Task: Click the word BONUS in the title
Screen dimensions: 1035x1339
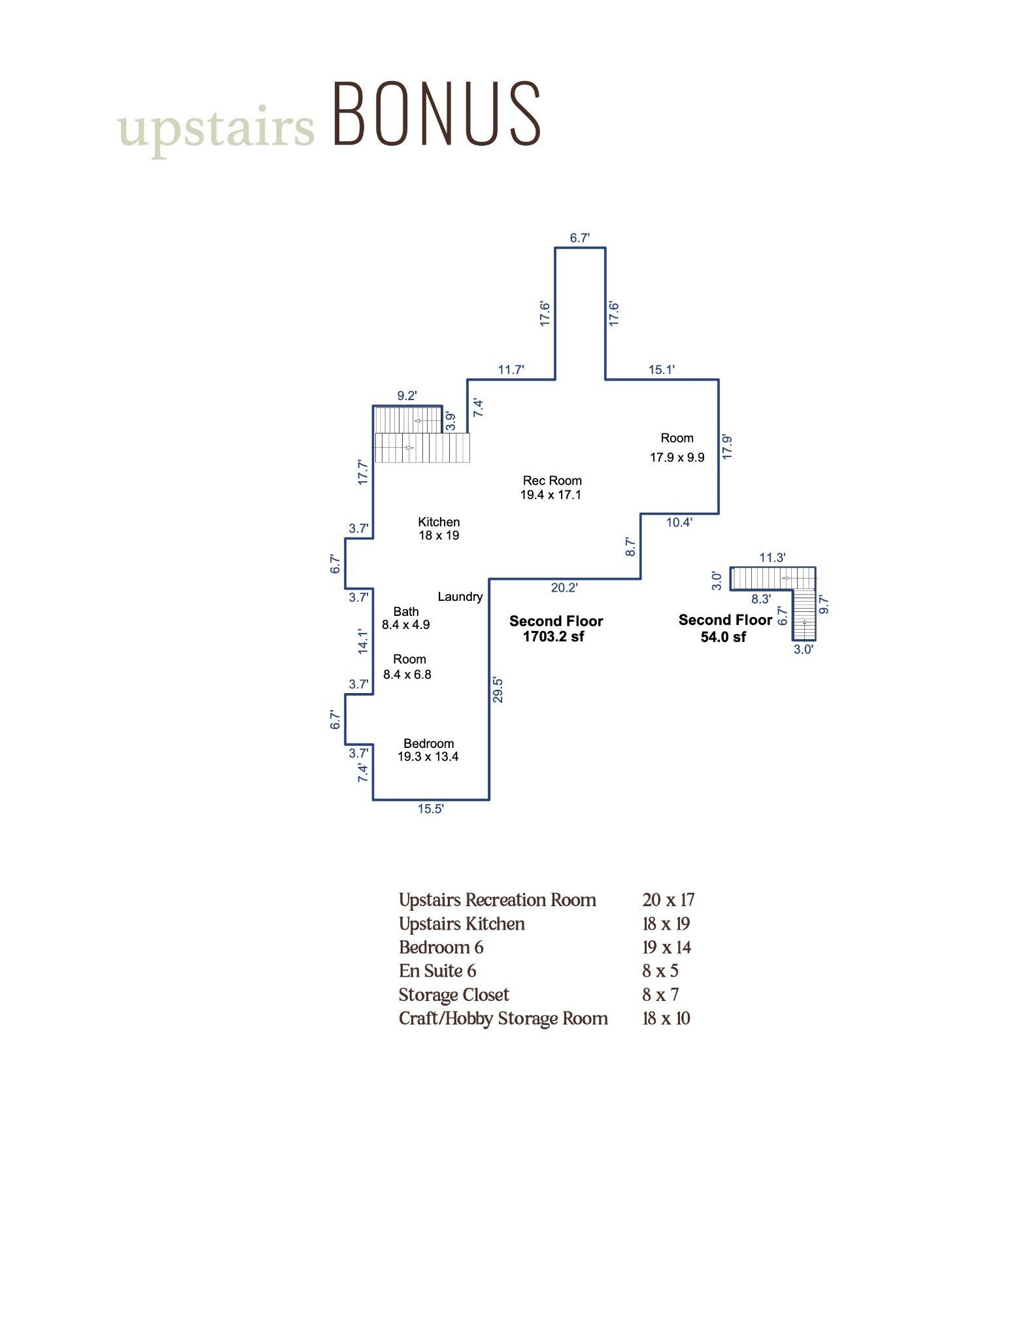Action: (x=437, y=113)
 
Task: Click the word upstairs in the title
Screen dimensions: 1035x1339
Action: (x=216, y=128)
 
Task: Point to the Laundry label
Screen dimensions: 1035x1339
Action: (x=460, y=596)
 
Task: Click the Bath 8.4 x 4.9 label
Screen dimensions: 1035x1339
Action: (x=406, y=618)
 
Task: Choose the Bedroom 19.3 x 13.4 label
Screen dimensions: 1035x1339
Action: (x=428, y=750)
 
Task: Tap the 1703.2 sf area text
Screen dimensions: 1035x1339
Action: (x=554, y=637)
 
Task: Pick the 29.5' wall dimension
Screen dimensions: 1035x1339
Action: (x=498, y=690)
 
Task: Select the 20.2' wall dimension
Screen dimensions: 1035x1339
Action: (x=564, y=588)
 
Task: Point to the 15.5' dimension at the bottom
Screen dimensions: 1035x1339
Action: (x=431, y=809)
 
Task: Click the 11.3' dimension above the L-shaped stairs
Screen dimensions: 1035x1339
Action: (x=772, y=558)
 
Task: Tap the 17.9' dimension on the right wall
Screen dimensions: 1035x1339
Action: (x=727, y=447)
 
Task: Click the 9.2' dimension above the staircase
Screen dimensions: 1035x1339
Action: (x=407, y=396)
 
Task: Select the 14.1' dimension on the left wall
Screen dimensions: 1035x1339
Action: (x=364, y=641)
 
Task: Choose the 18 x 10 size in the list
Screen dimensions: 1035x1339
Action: (x=666, y=1019)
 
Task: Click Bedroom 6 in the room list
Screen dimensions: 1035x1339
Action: (x=441, y=947)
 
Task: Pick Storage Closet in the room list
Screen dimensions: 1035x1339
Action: (x=454, y=995)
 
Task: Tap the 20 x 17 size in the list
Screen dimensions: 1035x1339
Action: (x=668, y=900)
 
